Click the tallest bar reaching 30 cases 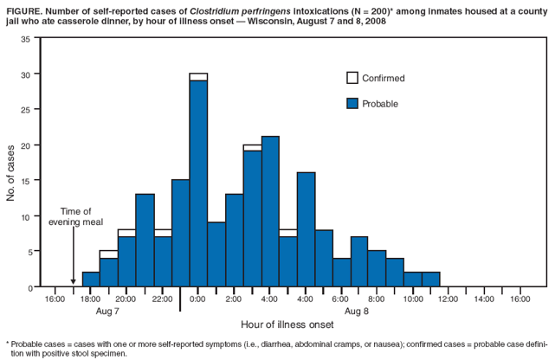pos(198,182)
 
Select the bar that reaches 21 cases pos(270,212)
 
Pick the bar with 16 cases pos(306,229)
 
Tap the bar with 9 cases pos(216,254)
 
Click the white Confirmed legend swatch pos(352,78)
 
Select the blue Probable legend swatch pos(352,103)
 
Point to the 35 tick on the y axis pos(25,39)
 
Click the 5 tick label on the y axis pos(28,252)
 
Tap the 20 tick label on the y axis pos(25,145)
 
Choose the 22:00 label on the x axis pos(162,299)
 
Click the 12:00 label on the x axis pos(448,299)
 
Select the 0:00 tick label pos(197,299)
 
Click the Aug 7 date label pos(107,310)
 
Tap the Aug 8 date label pos(357,310)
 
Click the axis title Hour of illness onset pos(287,325)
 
